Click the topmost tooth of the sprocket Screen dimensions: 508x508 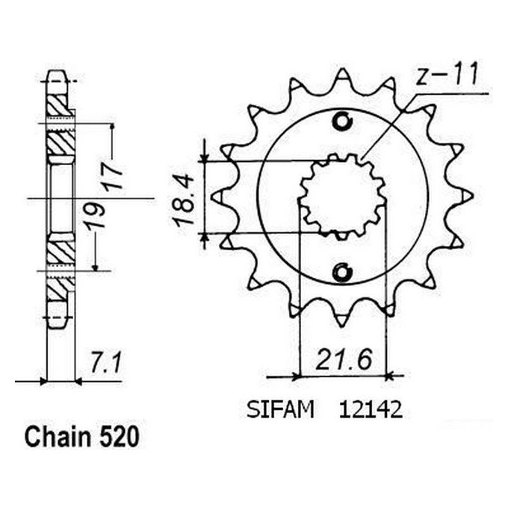coord(342,75)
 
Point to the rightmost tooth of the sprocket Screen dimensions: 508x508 coord(468,196)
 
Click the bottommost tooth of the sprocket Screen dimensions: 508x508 coord(342,320)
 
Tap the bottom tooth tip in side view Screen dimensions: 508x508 coord(57,320)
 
